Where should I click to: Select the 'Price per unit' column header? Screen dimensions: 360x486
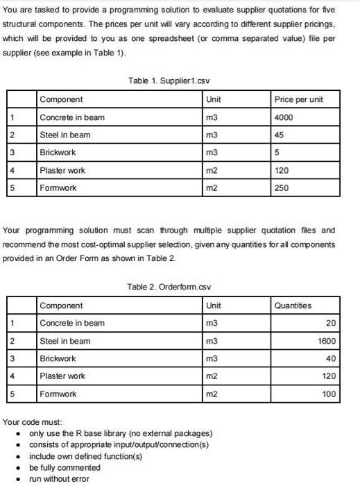pyautogui.click(x=298, y=100)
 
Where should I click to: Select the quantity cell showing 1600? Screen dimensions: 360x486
pyautogui.click(x=325, y=340)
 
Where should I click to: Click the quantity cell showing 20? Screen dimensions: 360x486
pyautogui.click(x=330, y=323)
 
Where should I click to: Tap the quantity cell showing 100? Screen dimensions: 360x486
pyautogui.click(x=328, y=394)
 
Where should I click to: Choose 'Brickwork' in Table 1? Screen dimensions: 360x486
pyautogui.click(x=58, y=152)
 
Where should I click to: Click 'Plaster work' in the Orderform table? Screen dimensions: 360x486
pyautogui.click(x=62, y=376)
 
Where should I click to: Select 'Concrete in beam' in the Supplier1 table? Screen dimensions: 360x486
pyautogui.click(x=72, y=117)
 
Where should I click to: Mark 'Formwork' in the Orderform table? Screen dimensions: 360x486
pyautogui.click(x=60, y=394)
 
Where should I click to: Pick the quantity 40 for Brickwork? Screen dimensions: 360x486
pyautogui.click(x=330, y=358)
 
